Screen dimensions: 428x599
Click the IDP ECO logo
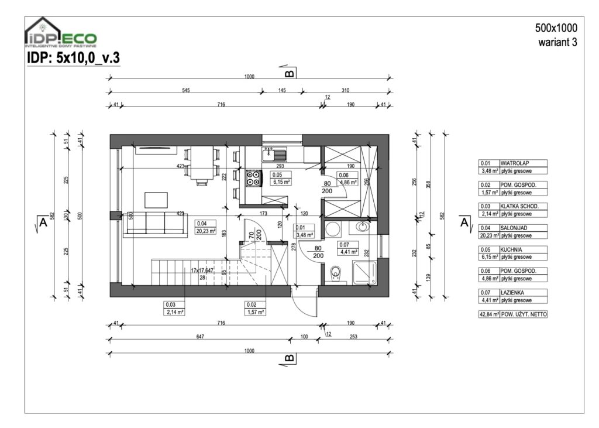(x=60, y=34)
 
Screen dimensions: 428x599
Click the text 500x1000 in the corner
(x=555, y=28)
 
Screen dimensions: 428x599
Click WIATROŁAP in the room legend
(x=515, y=163)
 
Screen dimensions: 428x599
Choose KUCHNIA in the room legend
(x=511, y=249)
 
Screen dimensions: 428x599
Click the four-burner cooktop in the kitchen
(x=253, y=178)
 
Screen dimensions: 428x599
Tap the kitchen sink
(x=274, y=155)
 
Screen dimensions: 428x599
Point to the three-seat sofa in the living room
(x=155, y=224)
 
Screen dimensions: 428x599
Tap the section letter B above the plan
(x=289, y=74)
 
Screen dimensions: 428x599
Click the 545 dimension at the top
(x=185, y=91)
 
